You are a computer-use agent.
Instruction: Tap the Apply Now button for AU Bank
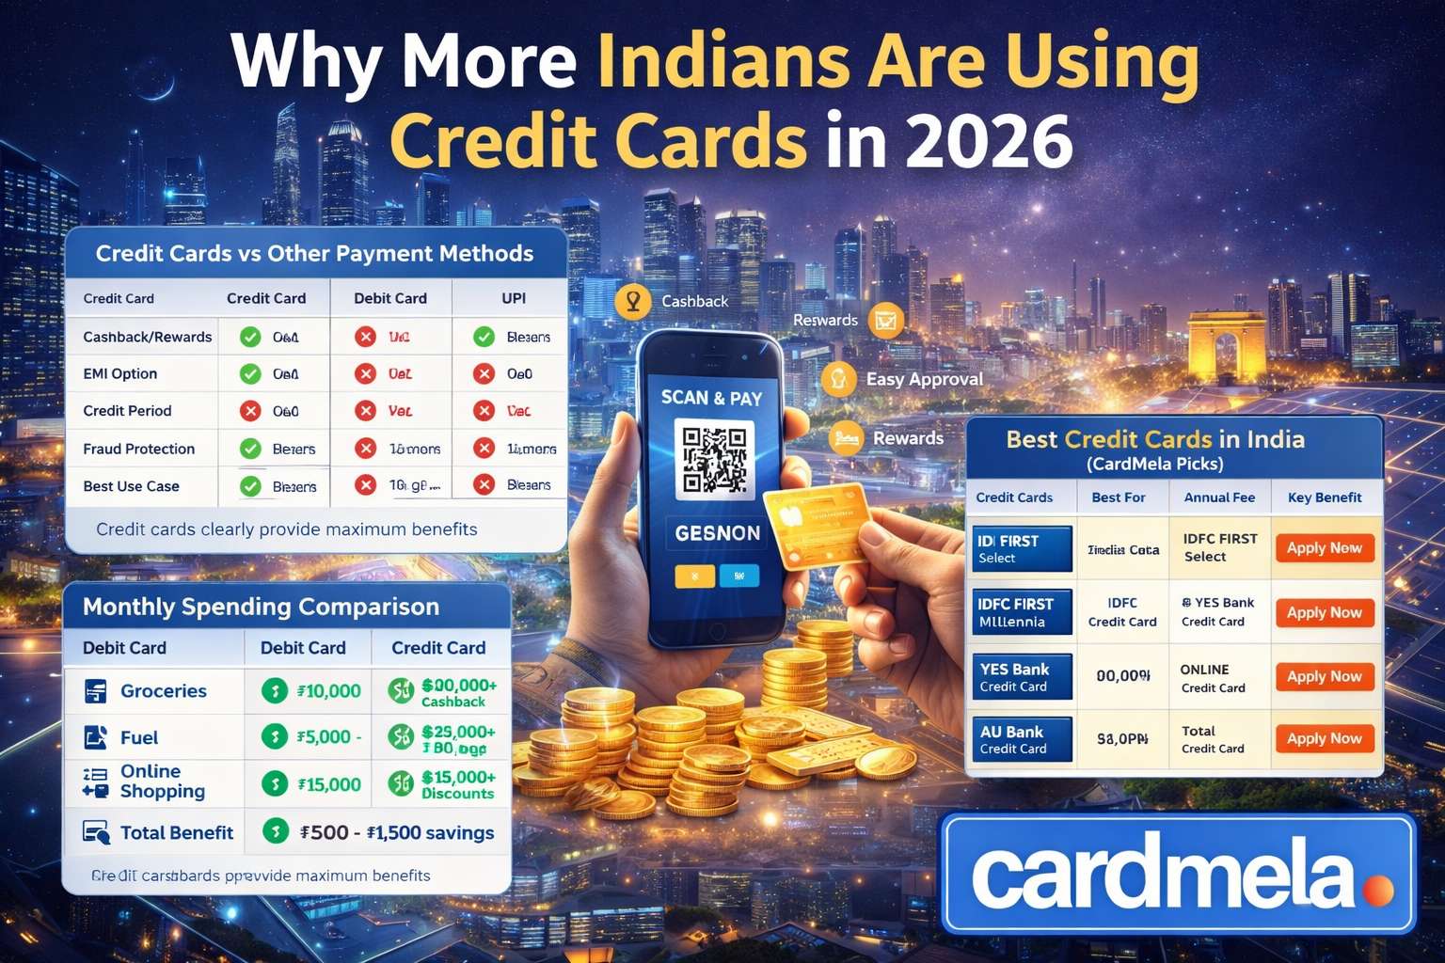(x=1324, y=738)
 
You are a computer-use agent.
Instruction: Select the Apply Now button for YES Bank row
(x=1324, y=676)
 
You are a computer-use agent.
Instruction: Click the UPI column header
(x=514, y=298)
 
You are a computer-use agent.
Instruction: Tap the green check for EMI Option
(x=250, y=373)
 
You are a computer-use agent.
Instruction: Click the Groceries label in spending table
(x=163, y=691)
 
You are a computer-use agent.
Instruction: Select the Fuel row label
(x=138, y=738)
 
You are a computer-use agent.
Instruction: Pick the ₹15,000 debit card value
(x=328, y=784)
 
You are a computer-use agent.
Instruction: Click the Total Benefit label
(x=176, y=832)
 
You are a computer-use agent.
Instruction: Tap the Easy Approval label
(x=924, y=379)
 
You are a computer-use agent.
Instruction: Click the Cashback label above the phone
(x=694, y=301)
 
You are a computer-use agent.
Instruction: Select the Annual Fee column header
(x=1219, y=497)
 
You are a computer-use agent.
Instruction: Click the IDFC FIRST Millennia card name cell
(x=1022, y=612)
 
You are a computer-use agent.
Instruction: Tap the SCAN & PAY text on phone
(x=711, y=398)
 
